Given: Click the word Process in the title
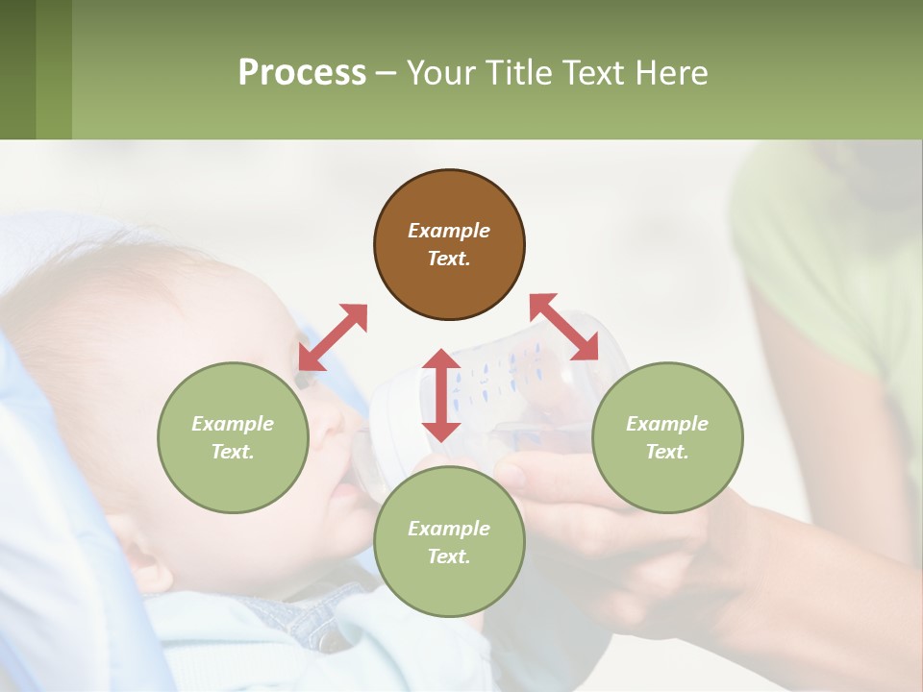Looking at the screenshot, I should tap(302, 73).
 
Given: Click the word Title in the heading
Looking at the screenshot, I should tap(518, 73).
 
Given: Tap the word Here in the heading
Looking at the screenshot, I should tap(672, 73).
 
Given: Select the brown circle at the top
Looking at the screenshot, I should tap(449, 245).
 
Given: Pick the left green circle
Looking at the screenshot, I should tap(233, 437).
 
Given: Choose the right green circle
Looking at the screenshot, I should tap(666, 437).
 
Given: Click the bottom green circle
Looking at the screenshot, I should tap(449, 542).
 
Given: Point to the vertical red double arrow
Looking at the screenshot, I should tap(441, 395).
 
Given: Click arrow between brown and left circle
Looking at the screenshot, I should tap(333, 336).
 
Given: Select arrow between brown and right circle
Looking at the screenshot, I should tap(564, 327).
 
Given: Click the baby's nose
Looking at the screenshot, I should tap(332, 418).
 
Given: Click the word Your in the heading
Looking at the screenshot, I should tap(441, 73).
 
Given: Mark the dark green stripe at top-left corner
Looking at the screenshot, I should tap(17, 69).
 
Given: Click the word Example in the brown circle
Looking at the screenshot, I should tap(449, 231).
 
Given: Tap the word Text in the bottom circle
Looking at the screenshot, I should tap(449, 556).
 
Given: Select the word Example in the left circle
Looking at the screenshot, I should tap(233, 424).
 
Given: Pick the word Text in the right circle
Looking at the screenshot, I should tap(666, 452).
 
